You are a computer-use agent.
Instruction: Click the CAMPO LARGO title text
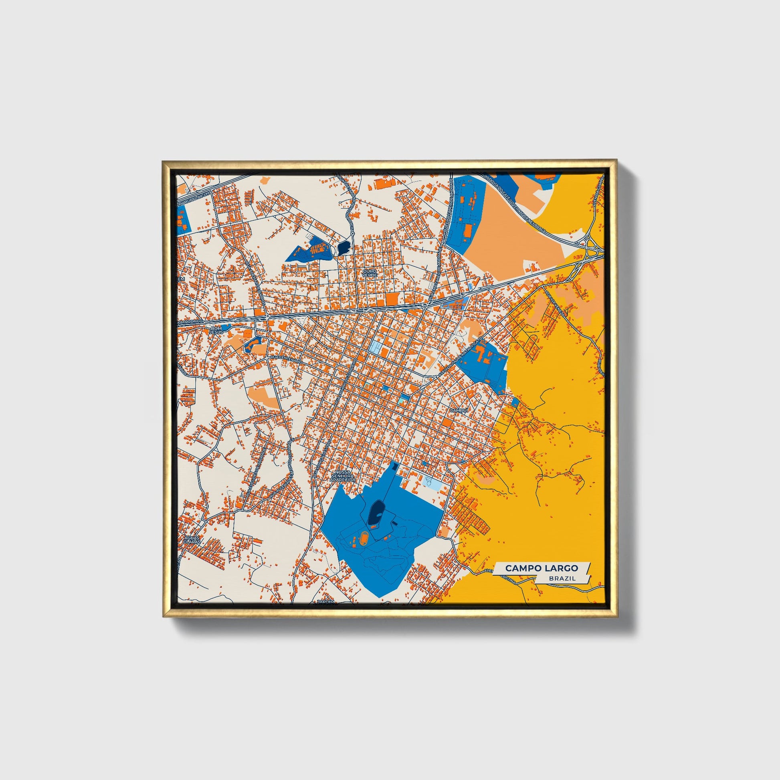[x=542, y=568]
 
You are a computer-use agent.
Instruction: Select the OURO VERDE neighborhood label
[x=370, y=273]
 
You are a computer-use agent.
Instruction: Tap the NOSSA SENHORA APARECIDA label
[x=344, y=476]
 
